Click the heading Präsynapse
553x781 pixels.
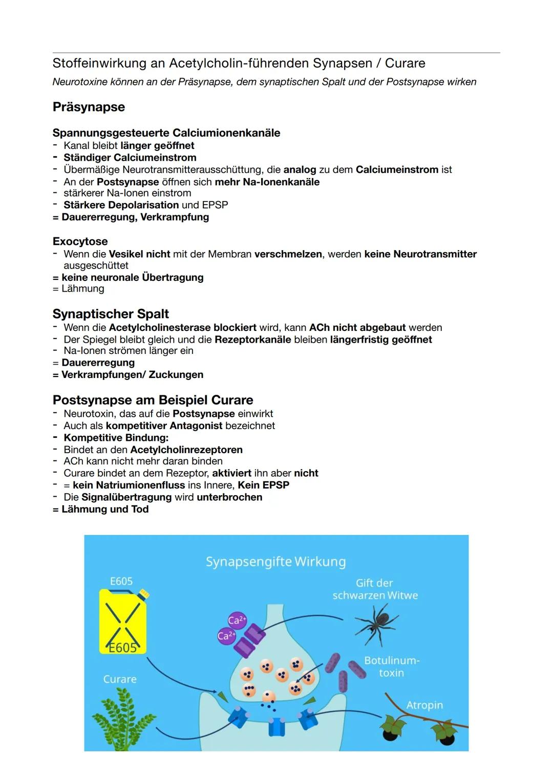[x=89, y=107]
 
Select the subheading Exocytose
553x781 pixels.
[x=80, y=241]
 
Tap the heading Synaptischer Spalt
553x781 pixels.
[x=111, y=314]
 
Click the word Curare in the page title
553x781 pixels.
[x=405, y=63]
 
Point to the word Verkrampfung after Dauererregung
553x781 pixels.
[x=175, y=217]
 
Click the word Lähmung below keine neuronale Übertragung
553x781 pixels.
[x=82, y=288]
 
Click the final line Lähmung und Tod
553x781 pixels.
[x=105, y=509]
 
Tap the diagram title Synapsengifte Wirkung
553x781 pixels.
[x=275, y=562]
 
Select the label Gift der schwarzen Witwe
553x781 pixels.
[x=375, y=589]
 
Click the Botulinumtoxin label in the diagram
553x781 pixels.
[x=392, y=666]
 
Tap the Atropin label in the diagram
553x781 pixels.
[x=424, y=705]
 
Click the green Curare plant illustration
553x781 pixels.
[x=123, y=719]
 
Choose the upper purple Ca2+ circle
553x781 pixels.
[x=237, y=620]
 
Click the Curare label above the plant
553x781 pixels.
[x=120, y=679]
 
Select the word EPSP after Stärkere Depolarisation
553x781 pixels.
[x=215, y=205]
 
